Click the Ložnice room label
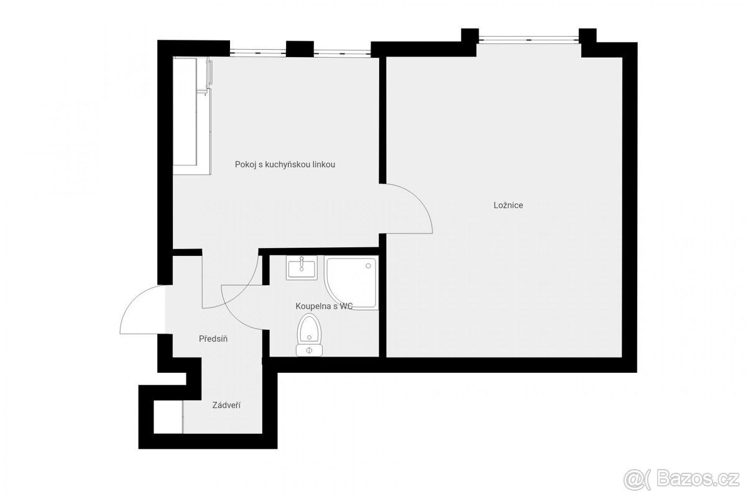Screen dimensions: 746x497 (x=508, y=206)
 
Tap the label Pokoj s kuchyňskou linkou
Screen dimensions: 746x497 (x=285, y=165)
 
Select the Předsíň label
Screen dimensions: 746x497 (x=213, y=339)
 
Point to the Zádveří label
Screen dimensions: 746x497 (x=226, y=406)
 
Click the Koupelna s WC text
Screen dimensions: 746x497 (x=324, y=306)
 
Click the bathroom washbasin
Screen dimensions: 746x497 (x=302, y=268)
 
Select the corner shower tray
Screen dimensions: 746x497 (x=351, y=283)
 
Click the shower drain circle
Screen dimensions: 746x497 (x=368, y=266)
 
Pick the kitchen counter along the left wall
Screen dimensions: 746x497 (x=192, y=116)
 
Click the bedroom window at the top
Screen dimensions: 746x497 (x=528, y=40)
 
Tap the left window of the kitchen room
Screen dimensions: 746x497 (x=258, y=52)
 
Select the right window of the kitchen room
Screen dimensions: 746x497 (x=343, y=53)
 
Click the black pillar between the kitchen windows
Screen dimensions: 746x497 (x=300, y=49)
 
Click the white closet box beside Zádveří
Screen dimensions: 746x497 (x=168, y=417)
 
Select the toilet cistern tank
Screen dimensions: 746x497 (x=309, y=350)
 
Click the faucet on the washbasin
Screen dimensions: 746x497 (x=302, y=262)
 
